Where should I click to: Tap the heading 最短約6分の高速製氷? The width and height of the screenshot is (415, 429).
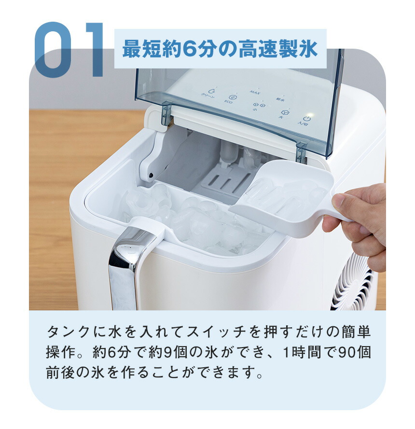pos(220,50)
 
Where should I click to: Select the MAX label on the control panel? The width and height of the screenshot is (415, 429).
pos(255,92)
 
